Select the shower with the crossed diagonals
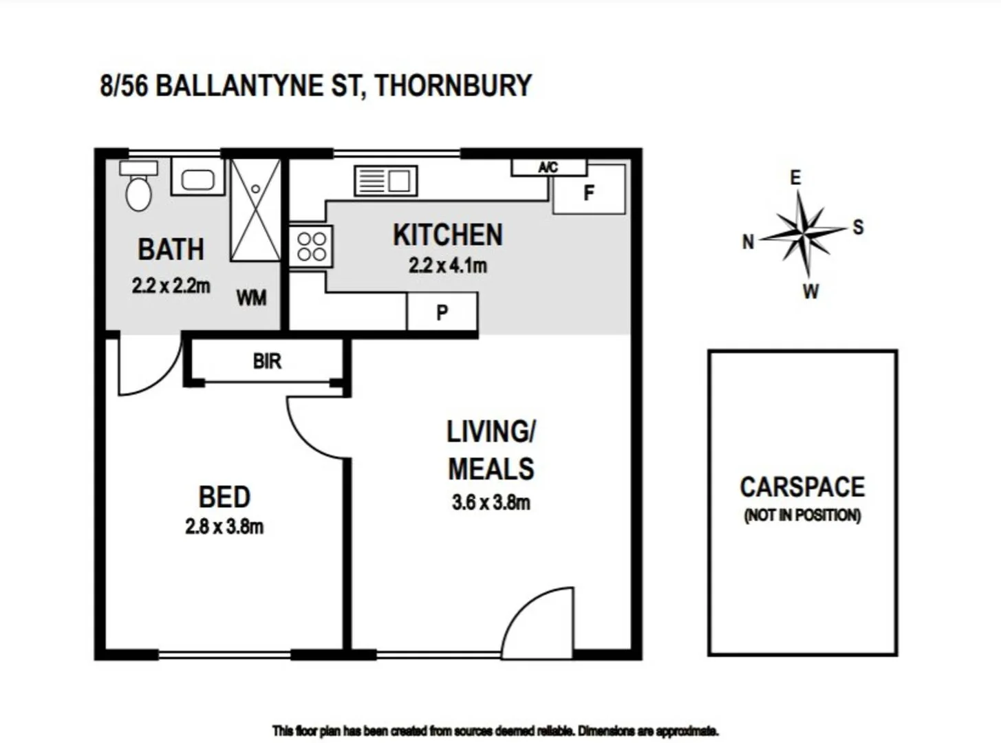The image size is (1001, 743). [255, 211]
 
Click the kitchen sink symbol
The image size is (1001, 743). [385, 181]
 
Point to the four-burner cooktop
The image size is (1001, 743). [311, 246]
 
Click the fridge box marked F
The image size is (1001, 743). [589, 193]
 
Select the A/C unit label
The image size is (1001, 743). [548, 167]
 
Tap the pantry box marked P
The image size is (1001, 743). [442, 312]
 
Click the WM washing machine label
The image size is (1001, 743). [251, 298]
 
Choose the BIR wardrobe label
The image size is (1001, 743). [267, 360]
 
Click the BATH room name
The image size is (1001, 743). [171, 249]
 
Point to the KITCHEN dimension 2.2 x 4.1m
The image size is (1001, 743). [448, 265]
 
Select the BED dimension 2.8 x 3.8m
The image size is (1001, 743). [224, 526]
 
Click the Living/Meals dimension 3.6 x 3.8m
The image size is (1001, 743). [491, 502]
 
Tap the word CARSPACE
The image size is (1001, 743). [802, 487]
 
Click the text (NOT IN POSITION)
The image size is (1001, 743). [802, 515]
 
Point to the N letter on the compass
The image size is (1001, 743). [748, 241]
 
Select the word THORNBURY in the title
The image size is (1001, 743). [453, 86]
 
